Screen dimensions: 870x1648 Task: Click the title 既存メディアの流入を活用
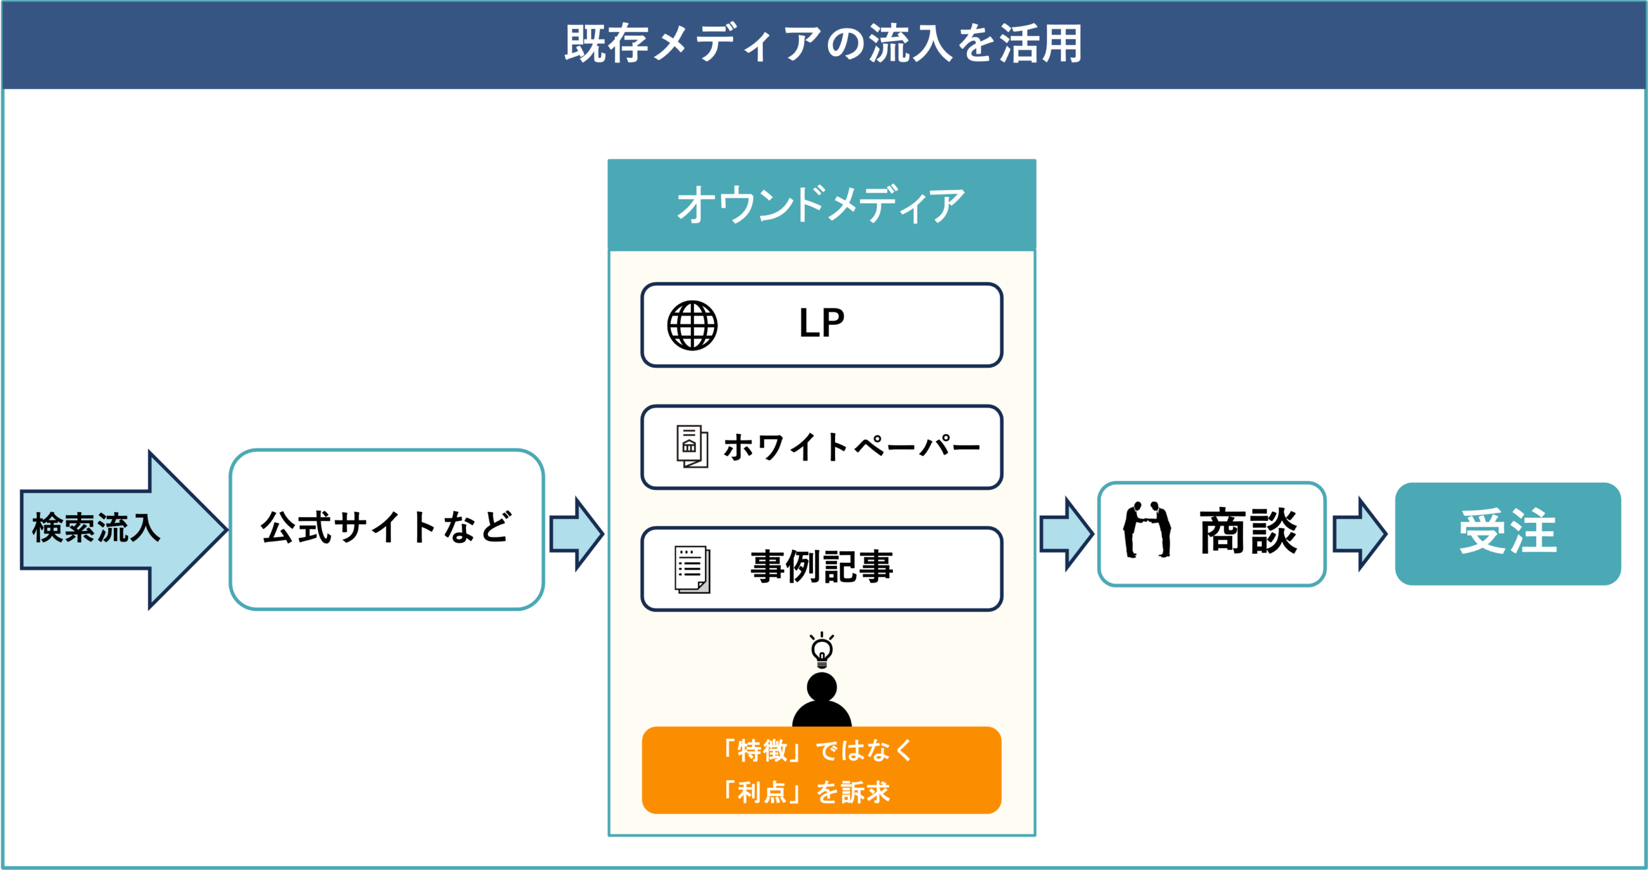823,44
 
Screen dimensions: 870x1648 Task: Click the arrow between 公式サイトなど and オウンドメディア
576,534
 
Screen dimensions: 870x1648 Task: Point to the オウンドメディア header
821,205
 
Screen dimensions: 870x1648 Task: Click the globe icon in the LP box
692,325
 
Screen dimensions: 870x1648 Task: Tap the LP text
821,323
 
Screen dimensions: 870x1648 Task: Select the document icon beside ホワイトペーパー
692,446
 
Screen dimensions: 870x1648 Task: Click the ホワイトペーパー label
851,447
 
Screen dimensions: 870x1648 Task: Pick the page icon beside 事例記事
692,569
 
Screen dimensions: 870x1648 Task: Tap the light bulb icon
822,650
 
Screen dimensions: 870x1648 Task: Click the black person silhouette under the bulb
822,701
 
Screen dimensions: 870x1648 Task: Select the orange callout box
821,770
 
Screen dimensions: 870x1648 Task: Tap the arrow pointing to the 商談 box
1066,534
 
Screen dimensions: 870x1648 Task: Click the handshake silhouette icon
1147,529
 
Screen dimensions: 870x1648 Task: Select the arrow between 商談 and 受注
1359,534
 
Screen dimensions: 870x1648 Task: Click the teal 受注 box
1508,533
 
